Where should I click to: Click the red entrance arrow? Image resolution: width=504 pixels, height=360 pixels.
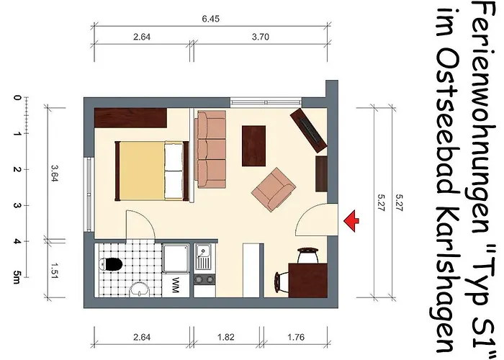click(351, 221)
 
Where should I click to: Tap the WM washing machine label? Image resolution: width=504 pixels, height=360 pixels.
click(175, 285)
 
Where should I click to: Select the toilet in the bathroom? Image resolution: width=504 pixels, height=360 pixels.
click(110, 264)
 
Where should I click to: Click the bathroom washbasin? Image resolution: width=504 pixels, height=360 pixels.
click(139, 290)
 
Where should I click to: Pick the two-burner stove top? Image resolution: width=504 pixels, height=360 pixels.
click(204, 280)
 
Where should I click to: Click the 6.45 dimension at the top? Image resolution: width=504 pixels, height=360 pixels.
click(210, 19)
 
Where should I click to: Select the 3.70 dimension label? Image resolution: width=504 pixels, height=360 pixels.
click(261, 37)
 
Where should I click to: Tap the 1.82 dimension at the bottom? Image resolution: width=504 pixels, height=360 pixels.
click(226, 337)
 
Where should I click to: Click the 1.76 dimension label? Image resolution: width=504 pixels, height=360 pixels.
click(296, 337)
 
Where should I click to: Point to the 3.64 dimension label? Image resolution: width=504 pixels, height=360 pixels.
click(54, 173)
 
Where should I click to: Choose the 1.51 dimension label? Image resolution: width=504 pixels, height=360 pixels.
click(54, 271)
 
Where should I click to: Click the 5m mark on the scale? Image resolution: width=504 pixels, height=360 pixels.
click(17, 276)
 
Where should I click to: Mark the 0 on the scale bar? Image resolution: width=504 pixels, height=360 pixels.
click(17, 97)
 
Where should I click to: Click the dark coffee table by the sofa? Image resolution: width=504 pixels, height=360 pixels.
click(254, 146)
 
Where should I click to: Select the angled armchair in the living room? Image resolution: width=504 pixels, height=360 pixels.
click(274, 189)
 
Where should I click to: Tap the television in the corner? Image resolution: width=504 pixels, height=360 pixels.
click(309, 130)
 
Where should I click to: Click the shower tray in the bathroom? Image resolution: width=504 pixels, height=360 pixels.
click(176, 258)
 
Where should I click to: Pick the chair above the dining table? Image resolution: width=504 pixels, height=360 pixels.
click(308, 255)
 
